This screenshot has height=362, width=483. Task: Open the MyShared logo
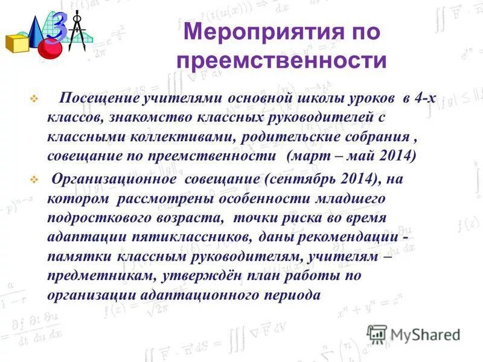[x=414, y=333]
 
